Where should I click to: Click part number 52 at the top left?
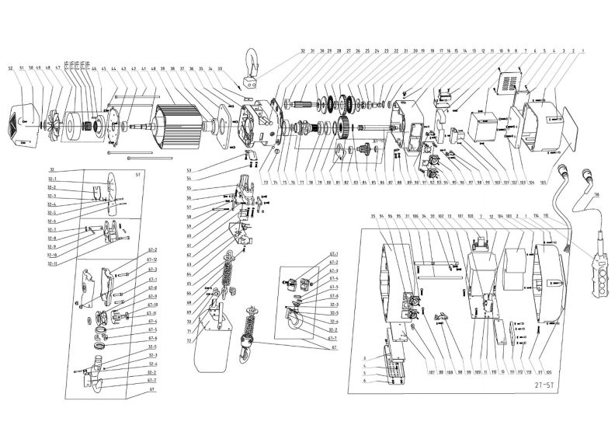click(x=11, y=69)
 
